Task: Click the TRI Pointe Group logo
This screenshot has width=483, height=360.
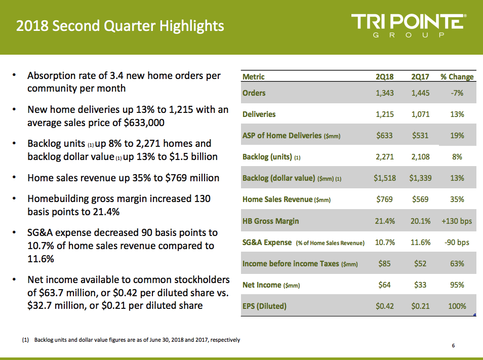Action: (x=409, y=25)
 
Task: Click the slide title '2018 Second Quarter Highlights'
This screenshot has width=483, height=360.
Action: (x=120, y=26)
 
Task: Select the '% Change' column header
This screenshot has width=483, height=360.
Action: (x=457, y=76)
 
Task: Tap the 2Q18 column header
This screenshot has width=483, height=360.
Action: (x=384, y=76)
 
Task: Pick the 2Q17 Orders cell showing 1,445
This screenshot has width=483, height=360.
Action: (x=420, y=93)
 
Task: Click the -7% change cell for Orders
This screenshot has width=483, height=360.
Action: (x=457, y=93)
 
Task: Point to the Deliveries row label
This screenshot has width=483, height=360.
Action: (x=259, y=114)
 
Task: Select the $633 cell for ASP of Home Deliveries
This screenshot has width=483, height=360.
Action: (x=384, y=136)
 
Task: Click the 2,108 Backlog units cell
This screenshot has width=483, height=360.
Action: (x=420, y=157)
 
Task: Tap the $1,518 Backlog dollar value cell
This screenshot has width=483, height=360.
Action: (x=384, y=178)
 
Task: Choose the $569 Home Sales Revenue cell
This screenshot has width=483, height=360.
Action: (x=420, y=199)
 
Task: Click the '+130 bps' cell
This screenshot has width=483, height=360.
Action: (x=457, y=221)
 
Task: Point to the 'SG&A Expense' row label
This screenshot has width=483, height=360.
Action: (x=267, y=243)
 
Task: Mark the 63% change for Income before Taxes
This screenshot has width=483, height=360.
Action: (x=457, y=264)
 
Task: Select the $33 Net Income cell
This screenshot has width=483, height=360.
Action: (x=420, y=285)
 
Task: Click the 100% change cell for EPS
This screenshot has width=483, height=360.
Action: (x=457, y=306)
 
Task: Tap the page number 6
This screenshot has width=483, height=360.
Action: (x=453, y=345)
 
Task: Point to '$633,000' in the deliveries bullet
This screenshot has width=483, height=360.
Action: (x=144, y=123)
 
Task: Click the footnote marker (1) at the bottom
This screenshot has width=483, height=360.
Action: (x=25, y=340)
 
